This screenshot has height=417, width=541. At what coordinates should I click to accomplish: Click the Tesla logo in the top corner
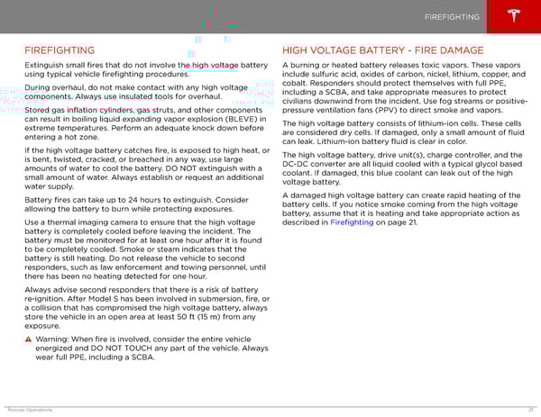pyautogui.click(x=517, y=17)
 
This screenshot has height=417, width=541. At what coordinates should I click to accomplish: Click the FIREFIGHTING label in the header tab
pyautogui.click(x=453, y=18)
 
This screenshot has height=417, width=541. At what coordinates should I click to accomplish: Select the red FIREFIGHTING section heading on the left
pyautogui.click(x=60, y=50)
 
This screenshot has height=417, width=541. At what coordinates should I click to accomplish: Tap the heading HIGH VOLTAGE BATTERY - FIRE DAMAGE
pyautogui.click(x=383, y=50)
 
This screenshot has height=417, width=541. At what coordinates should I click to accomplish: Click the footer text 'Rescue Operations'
pyautogui.click(x=28, y=410)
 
